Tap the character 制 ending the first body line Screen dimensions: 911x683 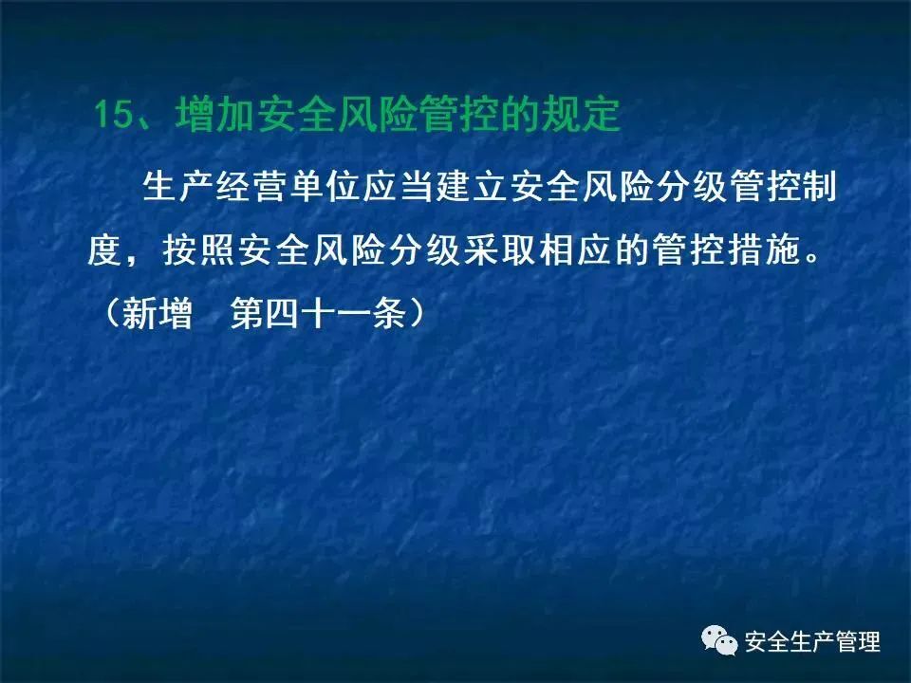pos(819,187)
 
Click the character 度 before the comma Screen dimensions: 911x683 pos(105,250)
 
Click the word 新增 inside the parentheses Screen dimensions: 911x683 pos(158,314)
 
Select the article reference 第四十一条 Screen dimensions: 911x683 pos(318,314)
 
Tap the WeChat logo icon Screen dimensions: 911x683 pos(719,640)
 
